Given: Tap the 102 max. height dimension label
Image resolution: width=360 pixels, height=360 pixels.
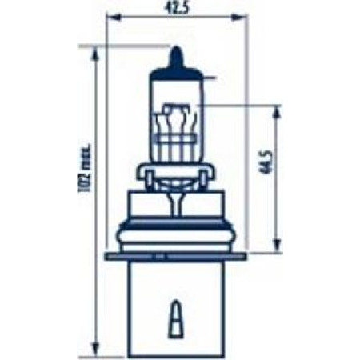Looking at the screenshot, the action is [x=84, y=169].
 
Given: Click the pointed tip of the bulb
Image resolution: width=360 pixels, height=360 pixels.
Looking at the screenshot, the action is [x=176, y=46].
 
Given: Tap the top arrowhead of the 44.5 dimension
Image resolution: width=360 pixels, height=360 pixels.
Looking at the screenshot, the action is [x=278, y=113].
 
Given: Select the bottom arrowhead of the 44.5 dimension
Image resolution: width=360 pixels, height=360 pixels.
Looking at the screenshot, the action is [x=278, y=245].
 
